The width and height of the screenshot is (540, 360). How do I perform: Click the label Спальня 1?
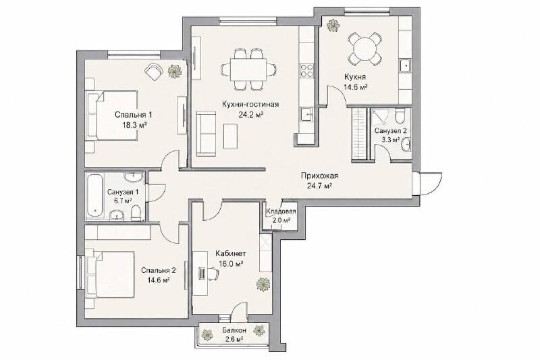[133, 114]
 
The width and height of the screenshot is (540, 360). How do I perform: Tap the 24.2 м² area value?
[251, 115]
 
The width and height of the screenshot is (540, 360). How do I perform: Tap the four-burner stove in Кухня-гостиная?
[307, 71]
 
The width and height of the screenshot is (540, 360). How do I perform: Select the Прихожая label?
[319, 176]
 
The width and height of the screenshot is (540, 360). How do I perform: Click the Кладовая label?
[281, 211]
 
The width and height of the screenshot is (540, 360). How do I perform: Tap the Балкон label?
[234, 330]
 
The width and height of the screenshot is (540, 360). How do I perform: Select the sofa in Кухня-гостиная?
[207, 133]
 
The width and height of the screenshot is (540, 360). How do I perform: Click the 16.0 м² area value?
[232, 264]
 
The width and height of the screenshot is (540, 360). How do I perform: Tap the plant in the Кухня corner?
[333, 25]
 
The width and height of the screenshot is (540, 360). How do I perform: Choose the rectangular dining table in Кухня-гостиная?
[248, 70]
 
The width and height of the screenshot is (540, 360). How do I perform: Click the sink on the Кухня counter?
[405, 66]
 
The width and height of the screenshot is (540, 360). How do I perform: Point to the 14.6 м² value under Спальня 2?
[159, 280]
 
